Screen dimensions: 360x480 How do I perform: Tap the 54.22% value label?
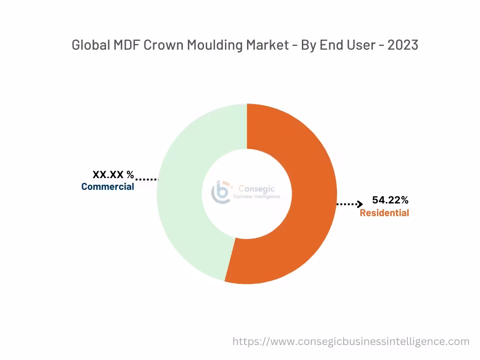(390, 200)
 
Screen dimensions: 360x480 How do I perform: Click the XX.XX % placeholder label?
(113, 175)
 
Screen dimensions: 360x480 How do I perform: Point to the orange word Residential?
(384, 213)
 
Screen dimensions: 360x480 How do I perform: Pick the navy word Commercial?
(107, 187)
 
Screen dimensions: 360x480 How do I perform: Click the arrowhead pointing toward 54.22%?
(360, 204)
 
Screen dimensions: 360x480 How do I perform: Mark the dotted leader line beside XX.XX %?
(147, 179)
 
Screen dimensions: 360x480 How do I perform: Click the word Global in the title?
(89, 45)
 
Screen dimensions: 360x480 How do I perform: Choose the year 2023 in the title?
(403, 45)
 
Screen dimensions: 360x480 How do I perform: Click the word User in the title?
(360, 45)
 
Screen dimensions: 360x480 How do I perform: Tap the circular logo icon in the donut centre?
(221, 192)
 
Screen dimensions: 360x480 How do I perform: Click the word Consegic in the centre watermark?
(257, 188)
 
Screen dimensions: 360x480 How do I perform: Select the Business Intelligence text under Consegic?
(256, 197)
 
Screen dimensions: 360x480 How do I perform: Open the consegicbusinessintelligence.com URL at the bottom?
(351, 341)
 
